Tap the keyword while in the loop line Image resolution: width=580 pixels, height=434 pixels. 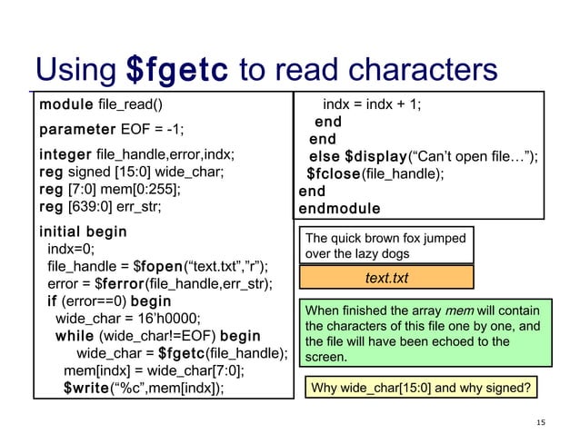coord(75,336)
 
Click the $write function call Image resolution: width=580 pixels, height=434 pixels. coord(86,390)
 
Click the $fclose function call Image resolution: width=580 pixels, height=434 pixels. coord(334,174)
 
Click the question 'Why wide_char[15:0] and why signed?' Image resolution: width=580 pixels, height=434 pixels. coord(420,390)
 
